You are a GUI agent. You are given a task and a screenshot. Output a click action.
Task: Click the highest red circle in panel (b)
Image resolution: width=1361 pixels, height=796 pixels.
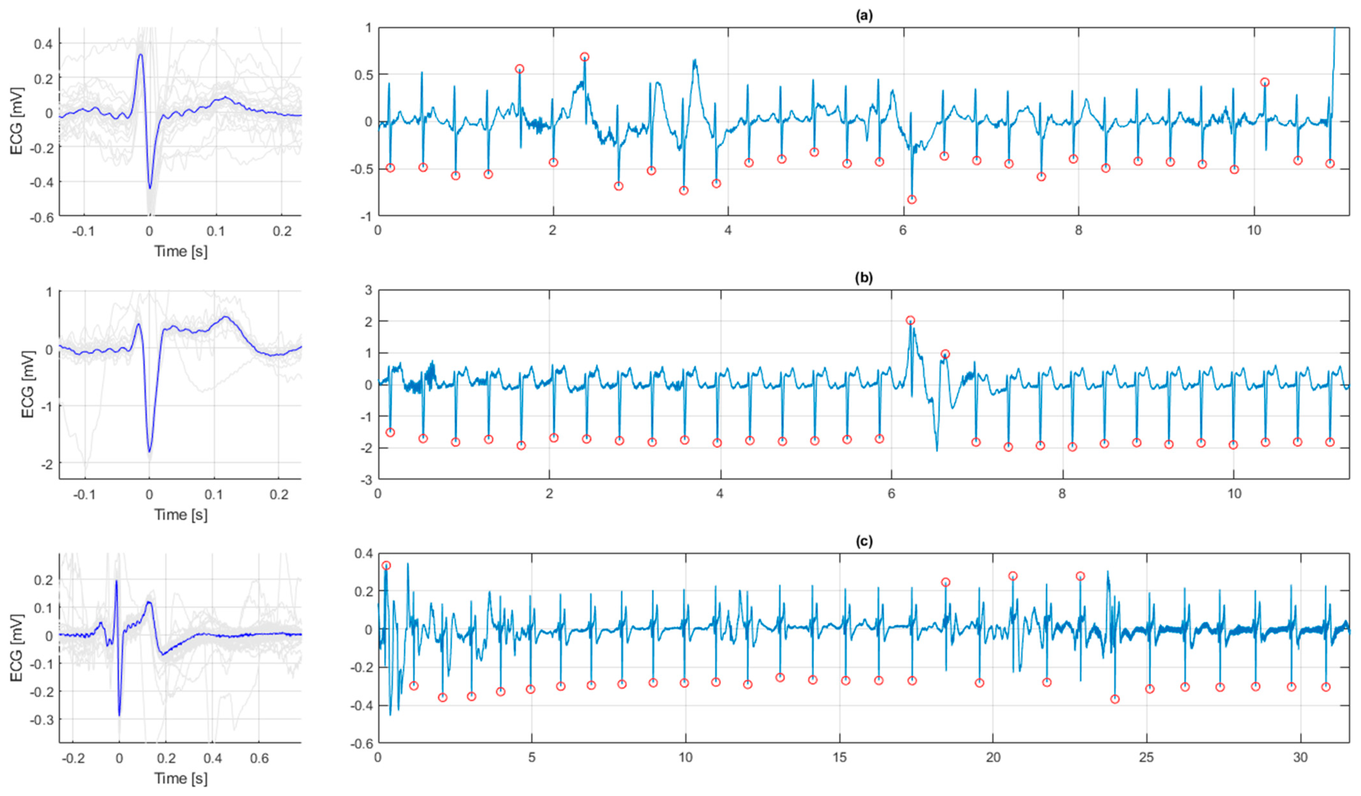(x=910, y=321)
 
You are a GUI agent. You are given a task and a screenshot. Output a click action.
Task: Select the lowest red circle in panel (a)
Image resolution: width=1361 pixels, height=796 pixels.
(x=912, y=199)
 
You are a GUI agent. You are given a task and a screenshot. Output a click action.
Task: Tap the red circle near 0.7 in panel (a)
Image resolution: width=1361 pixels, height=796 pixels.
(x=584, y=57)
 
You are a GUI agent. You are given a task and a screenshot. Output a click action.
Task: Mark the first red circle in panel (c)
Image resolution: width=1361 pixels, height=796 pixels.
(x=386, y=565)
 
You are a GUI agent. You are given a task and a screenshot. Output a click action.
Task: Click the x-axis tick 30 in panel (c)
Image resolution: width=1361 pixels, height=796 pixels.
(x=1301, y=758)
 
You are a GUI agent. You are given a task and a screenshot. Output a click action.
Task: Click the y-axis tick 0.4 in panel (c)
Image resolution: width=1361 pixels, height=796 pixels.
(x=362, y=553)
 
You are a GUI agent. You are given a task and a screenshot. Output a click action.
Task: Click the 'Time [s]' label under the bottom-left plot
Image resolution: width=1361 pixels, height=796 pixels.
(x=180, y=778)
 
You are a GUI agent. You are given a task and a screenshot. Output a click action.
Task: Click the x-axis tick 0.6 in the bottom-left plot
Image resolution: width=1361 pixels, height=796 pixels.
(x=259, y=758)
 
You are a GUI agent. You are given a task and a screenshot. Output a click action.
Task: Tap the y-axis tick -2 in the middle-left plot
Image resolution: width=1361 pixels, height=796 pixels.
(x=48, y=463)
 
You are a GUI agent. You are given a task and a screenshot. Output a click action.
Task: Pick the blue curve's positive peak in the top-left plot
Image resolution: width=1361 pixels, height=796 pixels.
(x=140, y=55)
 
